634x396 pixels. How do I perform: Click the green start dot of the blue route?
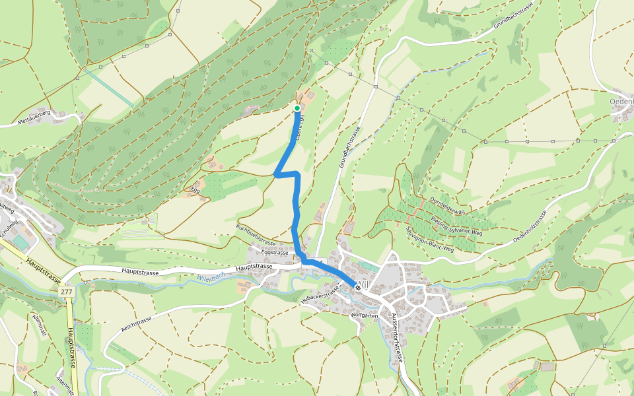297,108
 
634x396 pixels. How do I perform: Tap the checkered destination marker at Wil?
357,287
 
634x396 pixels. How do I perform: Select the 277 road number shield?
65,292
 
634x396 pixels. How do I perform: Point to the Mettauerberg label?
34,117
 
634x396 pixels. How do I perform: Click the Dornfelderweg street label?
448,205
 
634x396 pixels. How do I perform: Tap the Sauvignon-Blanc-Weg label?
430,240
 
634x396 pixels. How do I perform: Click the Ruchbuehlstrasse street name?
255,235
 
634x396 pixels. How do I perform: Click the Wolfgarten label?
364,316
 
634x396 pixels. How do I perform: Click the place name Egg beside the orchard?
195,190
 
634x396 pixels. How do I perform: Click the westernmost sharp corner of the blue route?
275,174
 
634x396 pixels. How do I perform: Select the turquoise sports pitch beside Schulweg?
21,244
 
